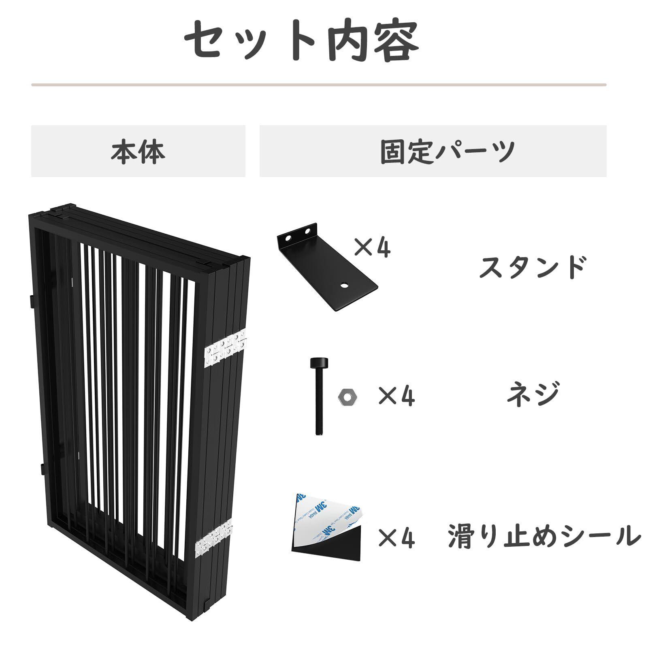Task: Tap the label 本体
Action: (138, 151)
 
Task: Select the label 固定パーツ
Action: (448, 151)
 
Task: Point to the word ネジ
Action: (533, 394)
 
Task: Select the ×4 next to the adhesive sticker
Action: (396, 537)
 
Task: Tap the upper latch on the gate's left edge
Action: (32, 301)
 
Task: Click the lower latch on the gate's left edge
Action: (43, 469)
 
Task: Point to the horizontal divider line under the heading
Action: (319, 85)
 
